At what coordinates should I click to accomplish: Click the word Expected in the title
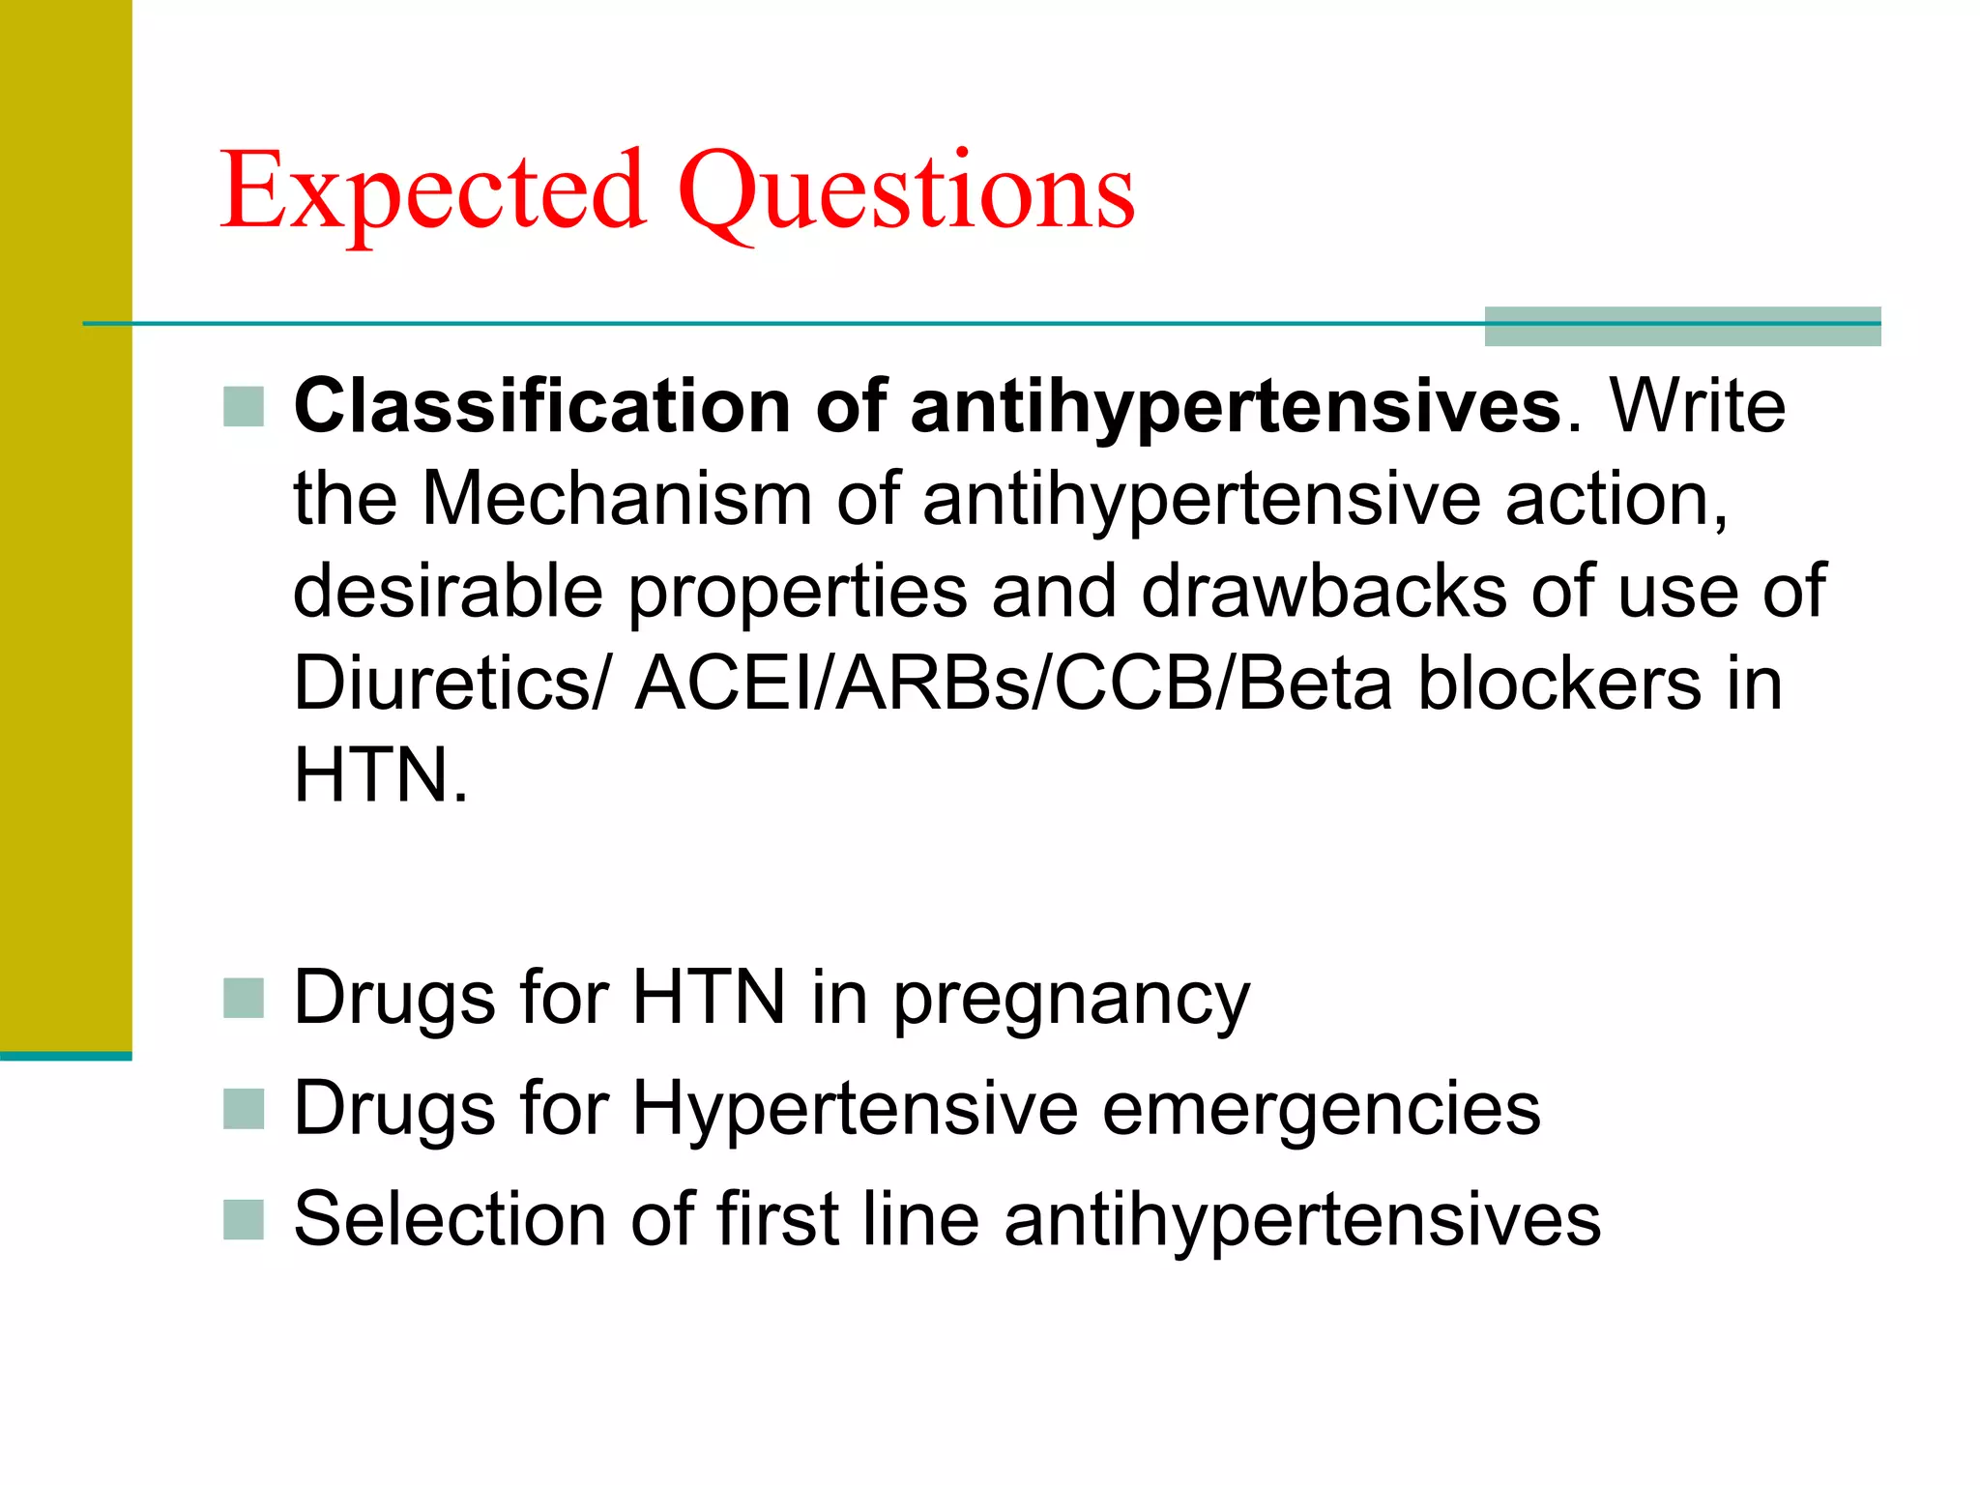tap(432, 192)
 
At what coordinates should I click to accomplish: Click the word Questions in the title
tap(906, 192)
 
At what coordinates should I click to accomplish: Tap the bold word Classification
tap(541, 406)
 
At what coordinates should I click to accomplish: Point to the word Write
tap(1697, 406)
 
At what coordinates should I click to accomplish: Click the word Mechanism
tap(617, 499)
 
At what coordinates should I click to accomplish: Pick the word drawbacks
tap(1324, 591)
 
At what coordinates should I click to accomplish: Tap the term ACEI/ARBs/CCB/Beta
tap(1013, 683)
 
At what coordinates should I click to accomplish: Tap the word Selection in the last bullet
tap(451, 1219)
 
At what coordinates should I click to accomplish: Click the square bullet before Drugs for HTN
tap(243, 999)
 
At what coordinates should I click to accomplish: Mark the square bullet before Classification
tap(243, 407)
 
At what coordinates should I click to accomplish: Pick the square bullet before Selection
tap(243, 1220)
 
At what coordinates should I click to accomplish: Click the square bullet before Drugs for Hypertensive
tap(243, 1110)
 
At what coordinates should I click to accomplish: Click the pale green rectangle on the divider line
tap(1682, 326)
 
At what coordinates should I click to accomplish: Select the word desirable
tap(448, 591)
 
